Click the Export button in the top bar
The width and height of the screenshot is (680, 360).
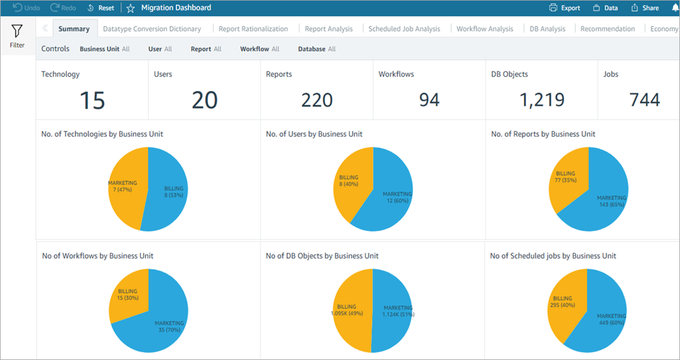(x=564, y=8)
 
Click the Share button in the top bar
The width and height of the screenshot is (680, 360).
(x=645, y=8)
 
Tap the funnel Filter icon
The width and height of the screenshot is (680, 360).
(x=17, y=31)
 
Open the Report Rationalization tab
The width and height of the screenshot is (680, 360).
(x=253, y=29)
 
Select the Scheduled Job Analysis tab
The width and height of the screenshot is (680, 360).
(x=404, y=29)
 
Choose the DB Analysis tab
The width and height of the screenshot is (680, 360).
(x=547, y=29)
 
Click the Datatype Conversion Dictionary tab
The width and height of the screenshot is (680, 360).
(x=152, y=29)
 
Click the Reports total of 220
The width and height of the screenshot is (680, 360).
(x=316, y=100)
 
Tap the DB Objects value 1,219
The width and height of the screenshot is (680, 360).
(x=541, y=100)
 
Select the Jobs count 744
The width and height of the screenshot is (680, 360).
(x=644, y=100)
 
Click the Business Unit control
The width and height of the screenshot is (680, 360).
(x=105, y=49)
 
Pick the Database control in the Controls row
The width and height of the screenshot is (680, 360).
(x=316, y=49)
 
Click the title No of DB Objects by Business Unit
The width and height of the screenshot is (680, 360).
(x=322, y=256)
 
